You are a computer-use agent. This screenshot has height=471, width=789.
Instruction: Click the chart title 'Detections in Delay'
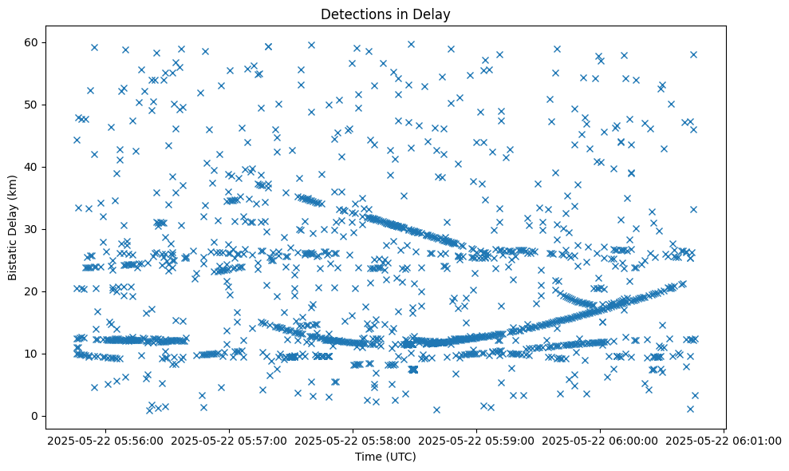385,14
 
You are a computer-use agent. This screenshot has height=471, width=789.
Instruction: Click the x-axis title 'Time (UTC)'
385,457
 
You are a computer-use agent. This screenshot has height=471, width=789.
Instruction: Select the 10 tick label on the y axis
34,354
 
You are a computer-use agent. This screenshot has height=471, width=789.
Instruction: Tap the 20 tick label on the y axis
34,291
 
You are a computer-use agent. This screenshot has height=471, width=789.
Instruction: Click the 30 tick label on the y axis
34,229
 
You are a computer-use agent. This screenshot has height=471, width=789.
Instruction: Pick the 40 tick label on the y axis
34,167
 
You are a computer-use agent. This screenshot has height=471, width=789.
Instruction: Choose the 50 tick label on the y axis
34,105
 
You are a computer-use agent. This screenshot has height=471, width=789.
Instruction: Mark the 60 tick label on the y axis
34,42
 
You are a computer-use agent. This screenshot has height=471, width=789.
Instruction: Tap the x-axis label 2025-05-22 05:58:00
353,440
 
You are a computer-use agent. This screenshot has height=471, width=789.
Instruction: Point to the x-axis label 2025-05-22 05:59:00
476,440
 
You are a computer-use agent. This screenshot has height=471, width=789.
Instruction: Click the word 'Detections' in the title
352,14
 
